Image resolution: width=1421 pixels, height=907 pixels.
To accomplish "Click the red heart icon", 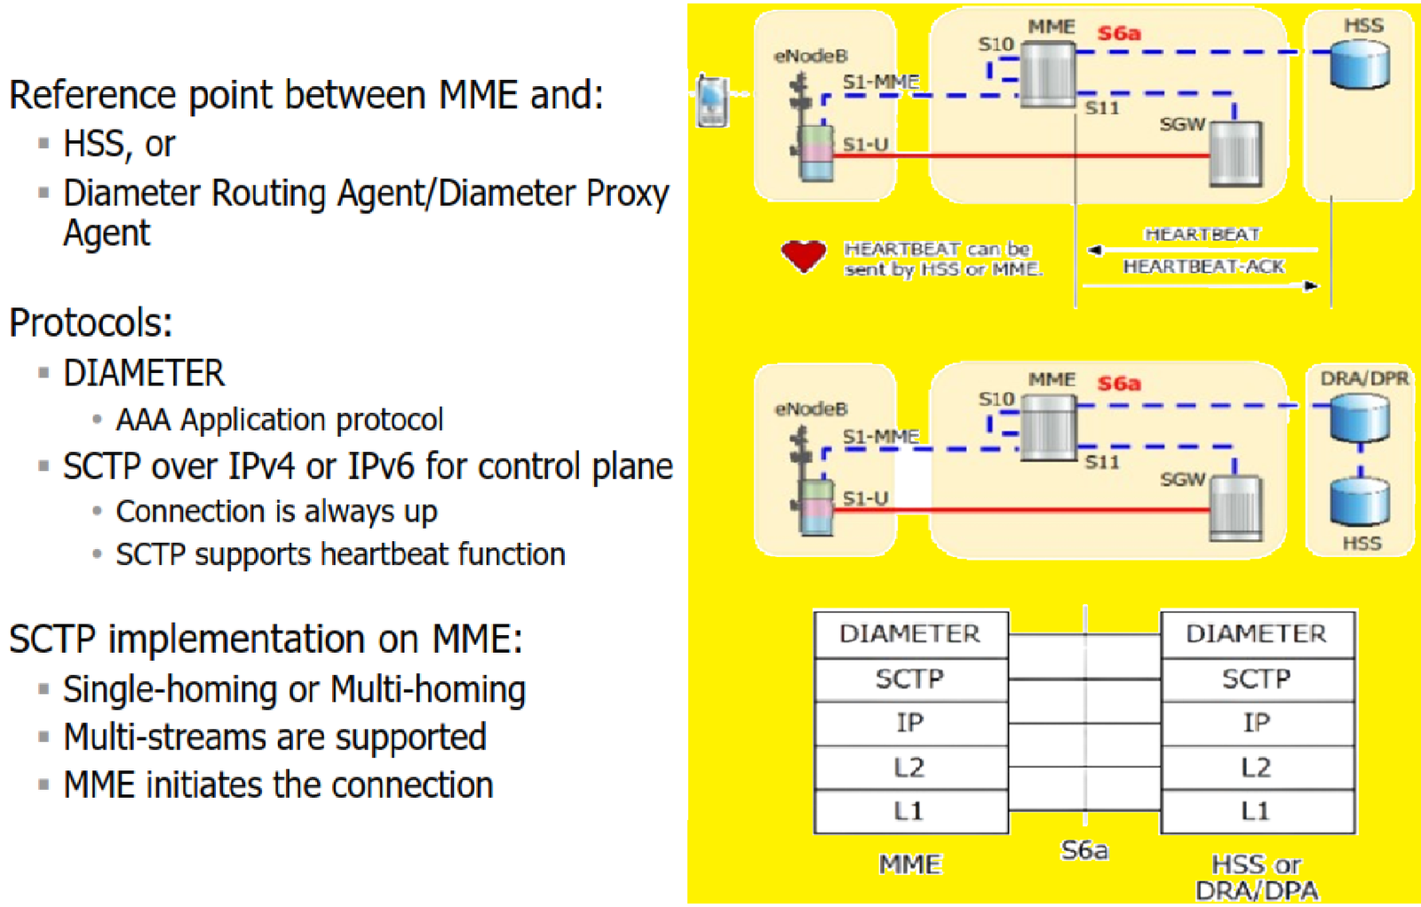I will (803, 256).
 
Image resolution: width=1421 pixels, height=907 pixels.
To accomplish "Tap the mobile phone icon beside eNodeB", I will (712, 100).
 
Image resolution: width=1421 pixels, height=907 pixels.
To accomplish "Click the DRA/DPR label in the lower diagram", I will (1363, 378).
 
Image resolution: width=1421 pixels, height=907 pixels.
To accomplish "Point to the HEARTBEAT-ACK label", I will (1203, 267).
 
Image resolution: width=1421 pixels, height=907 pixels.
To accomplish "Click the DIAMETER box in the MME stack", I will (910, 633).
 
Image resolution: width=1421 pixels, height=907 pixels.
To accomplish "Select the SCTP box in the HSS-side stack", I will (1257, 679).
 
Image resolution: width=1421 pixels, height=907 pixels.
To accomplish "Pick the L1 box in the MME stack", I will (910, 811).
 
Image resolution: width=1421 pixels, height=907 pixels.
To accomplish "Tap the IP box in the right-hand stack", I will (1257, 723).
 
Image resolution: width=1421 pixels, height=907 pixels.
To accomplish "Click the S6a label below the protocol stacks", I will (1084, 851).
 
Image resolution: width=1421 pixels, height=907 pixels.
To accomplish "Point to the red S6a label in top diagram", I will (1118, 34).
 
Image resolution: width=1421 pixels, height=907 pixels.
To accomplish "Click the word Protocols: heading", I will (91, 322).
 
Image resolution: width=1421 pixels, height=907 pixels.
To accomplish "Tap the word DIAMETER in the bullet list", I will (144, 373).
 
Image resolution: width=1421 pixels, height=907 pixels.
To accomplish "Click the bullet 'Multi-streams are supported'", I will (274, 737).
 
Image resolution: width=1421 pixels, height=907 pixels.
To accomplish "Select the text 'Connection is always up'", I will (276, 512).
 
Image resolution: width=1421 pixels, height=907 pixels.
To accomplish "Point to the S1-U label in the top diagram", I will (865, 144).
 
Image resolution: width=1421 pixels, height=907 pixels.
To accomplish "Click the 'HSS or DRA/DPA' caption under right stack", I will (1257, 877).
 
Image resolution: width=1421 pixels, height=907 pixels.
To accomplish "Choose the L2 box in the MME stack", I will (910, 767).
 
